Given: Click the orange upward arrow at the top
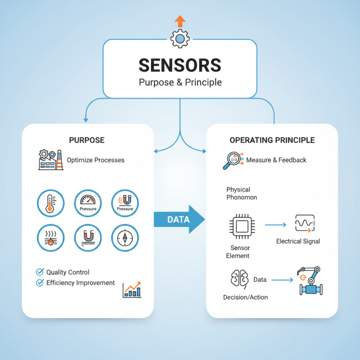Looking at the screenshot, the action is click(x=180, y=21).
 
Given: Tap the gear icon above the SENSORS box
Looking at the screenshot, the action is click(x=180, y=39).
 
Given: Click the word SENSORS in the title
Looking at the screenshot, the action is click(x=180, y=65).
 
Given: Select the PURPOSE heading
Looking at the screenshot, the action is click(x=87, y=140).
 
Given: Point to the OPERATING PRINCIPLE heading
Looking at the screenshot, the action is click(x=272, y=140).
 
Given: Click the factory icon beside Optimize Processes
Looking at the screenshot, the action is click(x=51, y=160).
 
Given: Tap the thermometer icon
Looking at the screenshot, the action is click(x=51, y=203).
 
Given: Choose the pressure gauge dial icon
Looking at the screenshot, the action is click(x=88, y=203).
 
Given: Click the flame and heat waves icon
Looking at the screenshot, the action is click(x=51, y=238).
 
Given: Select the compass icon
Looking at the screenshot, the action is click(x=125, y=238).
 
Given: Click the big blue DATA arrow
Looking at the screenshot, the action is click(x=179, y=219).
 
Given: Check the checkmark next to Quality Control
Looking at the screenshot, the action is click(x=40, y=272).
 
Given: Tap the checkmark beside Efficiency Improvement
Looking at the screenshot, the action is click(x=40, y=283).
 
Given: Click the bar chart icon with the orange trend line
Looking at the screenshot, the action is click(x=132, y=290).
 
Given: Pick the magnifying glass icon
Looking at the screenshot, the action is click(x=233, y=161).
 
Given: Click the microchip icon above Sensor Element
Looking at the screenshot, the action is click(x=242, y=227).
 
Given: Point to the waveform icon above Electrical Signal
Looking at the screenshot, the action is click(x=305, y=223).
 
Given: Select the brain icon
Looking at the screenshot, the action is click(x=240, y=279).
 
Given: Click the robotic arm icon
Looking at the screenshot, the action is click(x=310, y=280).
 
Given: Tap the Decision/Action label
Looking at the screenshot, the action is click(x=245, y=297).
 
